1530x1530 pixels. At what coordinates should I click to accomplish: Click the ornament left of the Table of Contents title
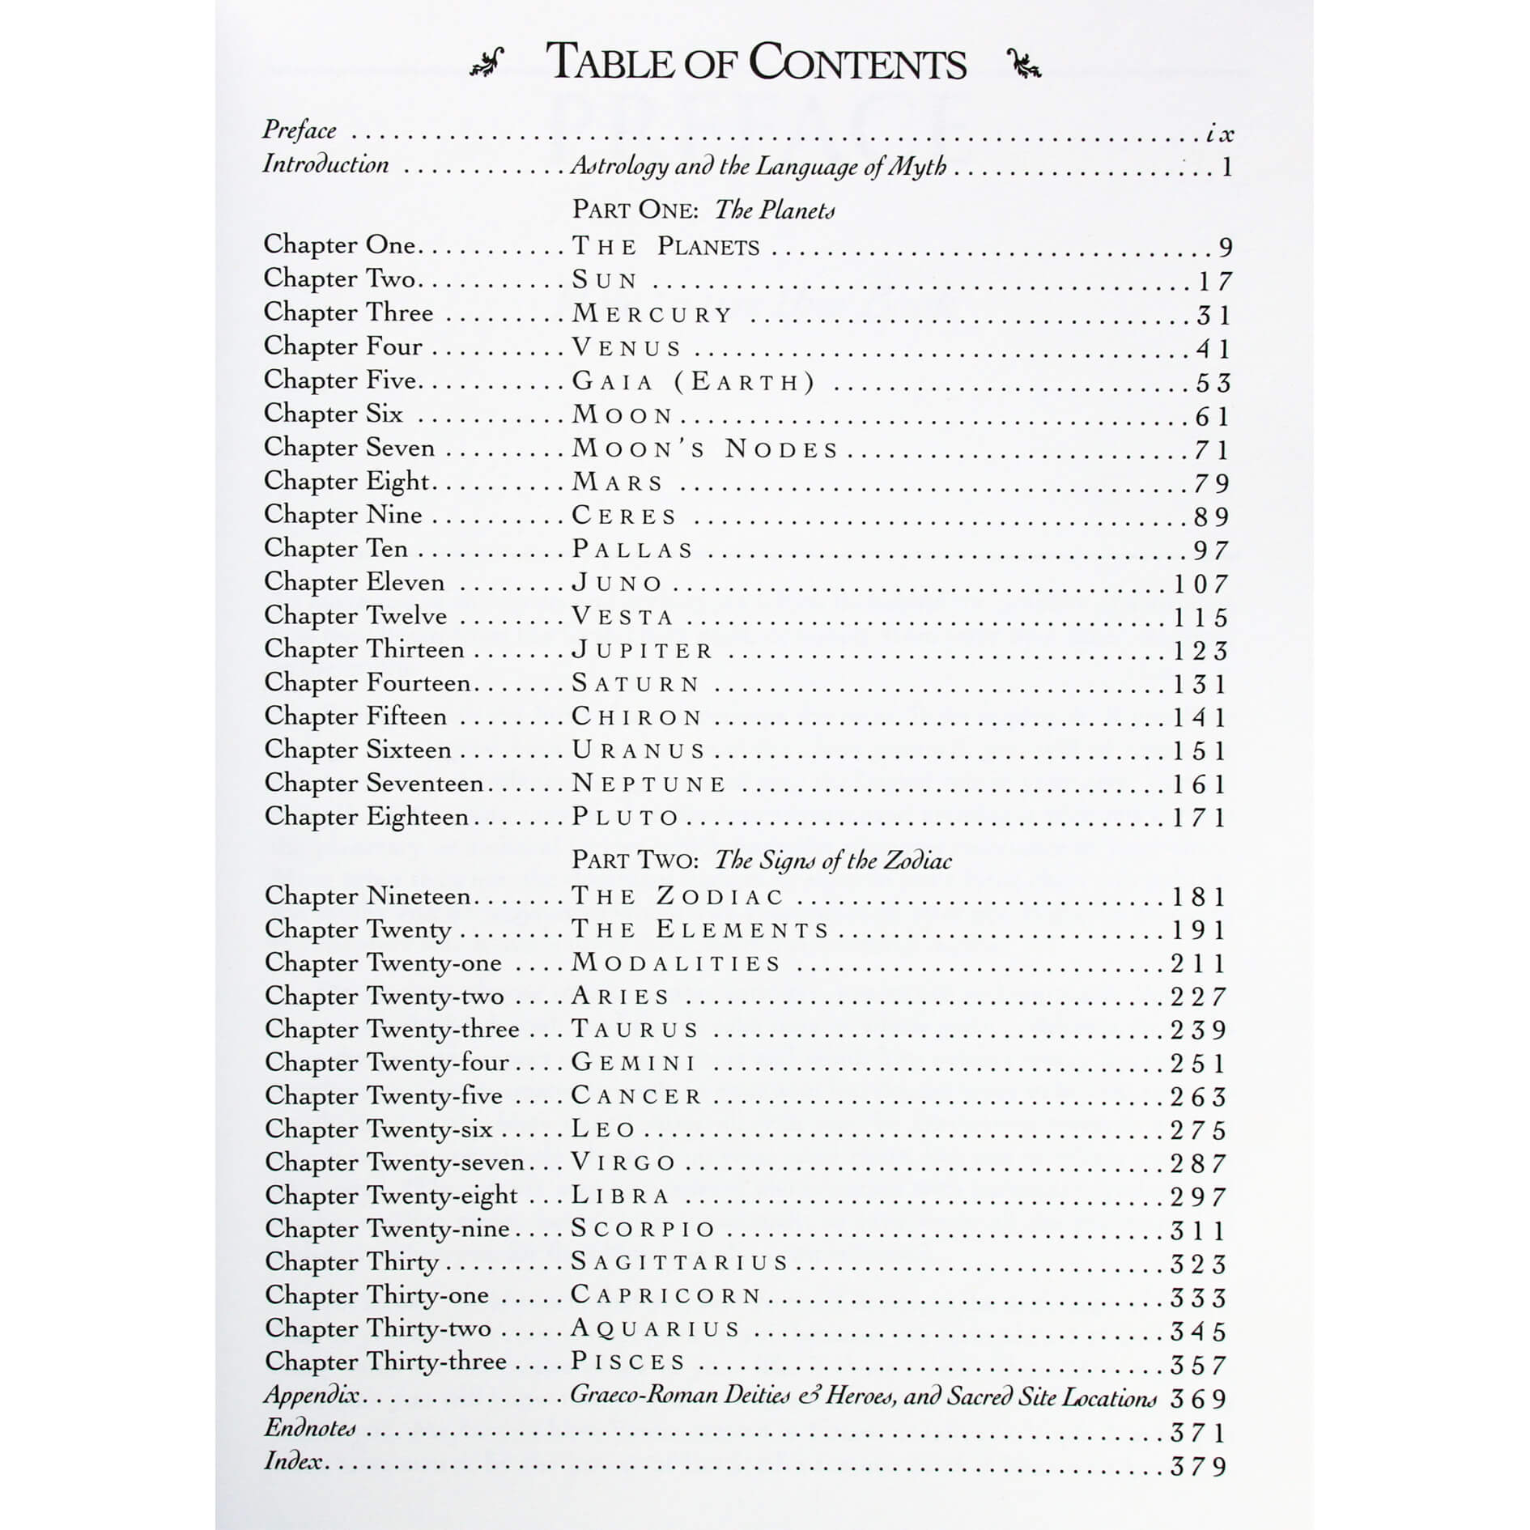[487, 63]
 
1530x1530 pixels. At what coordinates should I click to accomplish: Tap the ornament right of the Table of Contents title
[1023, 63]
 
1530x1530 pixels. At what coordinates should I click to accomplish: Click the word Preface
[300, 130]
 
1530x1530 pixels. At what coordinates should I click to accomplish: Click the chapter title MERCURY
[652, 313]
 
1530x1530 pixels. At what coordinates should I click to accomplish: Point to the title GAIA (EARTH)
[693, 380]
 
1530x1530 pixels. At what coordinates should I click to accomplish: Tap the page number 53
[1213, 382]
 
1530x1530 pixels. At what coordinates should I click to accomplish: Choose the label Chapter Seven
[349, 448]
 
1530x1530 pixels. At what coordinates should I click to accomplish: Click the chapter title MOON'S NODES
[704, 448]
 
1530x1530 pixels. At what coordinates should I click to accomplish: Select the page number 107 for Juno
[1201, 584]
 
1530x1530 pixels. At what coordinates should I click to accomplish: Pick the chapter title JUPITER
[642, 650]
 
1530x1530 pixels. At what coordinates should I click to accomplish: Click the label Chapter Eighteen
[366, 817]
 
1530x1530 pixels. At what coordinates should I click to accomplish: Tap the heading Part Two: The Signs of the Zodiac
[761, 860]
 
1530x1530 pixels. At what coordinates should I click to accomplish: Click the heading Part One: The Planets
[703, 210]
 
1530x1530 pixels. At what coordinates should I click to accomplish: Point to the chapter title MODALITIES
[676, 963]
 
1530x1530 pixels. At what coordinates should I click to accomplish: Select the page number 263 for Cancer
[1199, 1097]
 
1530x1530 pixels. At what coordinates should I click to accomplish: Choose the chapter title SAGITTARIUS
[679, 1262]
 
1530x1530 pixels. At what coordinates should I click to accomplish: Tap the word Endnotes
[310, 1428]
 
